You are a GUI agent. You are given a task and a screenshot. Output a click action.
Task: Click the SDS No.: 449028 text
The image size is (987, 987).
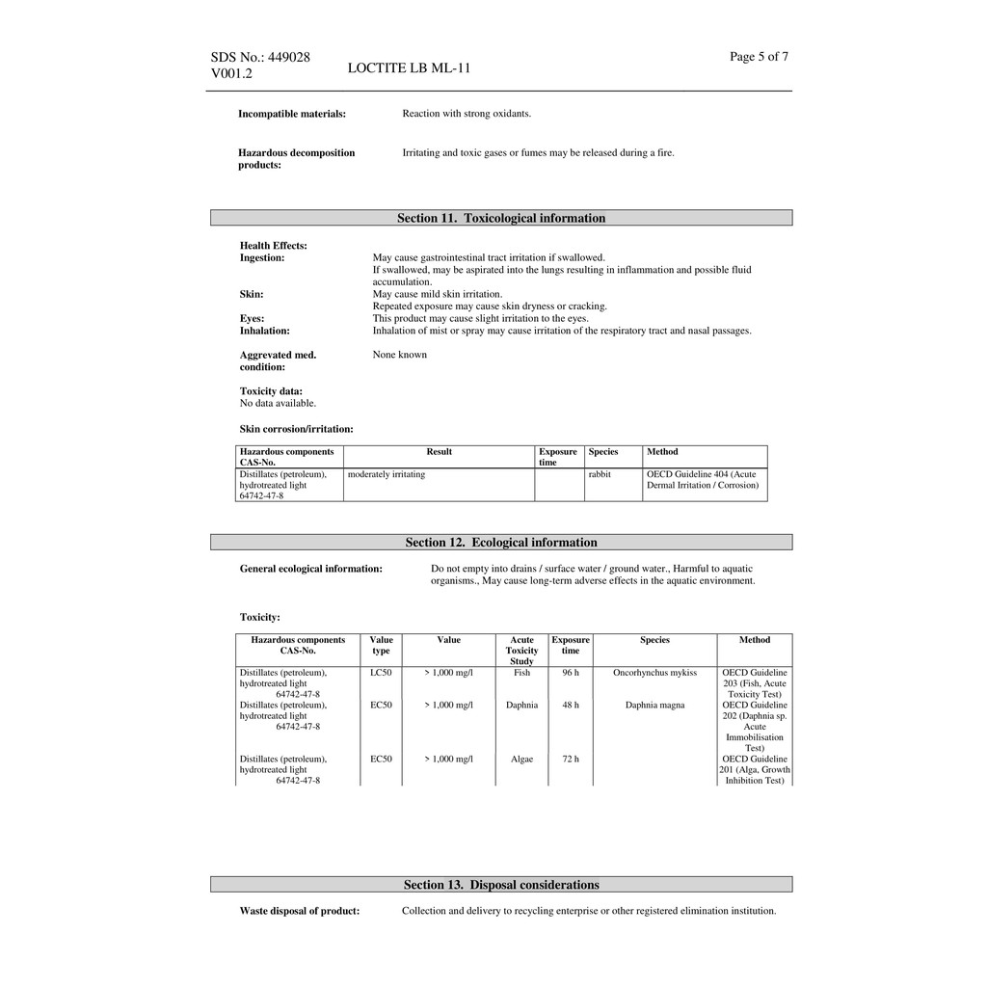260,57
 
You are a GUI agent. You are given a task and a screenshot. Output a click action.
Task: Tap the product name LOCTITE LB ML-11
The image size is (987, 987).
409,67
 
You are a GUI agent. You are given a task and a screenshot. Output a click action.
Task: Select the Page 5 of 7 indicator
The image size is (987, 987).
759,57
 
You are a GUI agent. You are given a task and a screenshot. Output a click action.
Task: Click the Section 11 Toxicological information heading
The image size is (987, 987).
501,218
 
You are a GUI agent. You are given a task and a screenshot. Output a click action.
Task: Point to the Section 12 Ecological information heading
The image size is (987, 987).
501,543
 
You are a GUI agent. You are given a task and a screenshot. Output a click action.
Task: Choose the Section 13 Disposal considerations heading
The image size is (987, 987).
501,885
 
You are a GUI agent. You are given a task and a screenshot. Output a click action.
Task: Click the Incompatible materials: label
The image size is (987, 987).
292,114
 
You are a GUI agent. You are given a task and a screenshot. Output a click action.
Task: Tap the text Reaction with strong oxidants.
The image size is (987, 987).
467,114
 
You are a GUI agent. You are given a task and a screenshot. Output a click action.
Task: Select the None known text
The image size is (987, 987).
400,355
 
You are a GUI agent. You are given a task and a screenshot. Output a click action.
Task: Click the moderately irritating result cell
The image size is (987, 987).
387,474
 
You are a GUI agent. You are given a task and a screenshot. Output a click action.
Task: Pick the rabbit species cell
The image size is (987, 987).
600,474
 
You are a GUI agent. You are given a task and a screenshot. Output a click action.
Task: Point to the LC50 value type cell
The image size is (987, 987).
381,673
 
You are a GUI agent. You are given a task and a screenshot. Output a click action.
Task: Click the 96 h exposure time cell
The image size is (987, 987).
571,673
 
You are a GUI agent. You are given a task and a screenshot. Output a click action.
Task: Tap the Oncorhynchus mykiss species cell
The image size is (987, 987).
654,673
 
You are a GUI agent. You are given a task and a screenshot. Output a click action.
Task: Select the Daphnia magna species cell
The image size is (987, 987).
654,706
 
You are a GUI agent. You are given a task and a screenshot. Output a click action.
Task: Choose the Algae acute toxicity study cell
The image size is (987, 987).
521,760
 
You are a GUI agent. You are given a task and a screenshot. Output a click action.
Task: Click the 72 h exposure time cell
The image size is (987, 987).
571,760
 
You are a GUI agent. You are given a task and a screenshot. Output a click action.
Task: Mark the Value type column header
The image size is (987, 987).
381,645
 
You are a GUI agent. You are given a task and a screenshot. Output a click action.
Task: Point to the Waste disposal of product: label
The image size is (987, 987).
300,911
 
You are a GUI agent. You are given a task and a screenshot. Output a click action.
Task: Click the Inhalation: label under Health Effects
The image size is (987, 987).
265,331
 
